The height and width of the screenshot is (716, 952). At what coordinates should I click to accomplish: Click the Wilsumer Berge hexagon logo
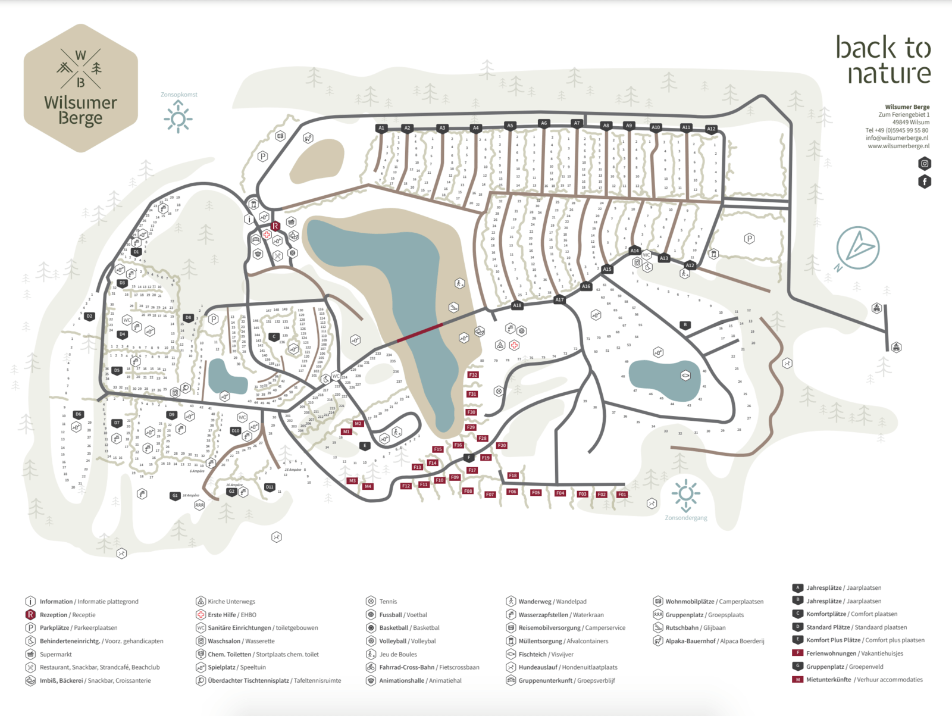tap(81, 88)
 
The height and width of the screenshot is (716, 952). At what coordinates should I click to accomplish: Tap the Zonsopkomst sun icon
tap(177, 117)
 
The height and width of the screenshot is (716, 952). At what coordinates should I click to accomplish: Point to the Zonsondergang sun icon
tap(685, 494)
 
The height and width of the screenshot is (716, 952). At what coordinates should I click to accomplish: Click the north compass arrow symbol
tap(857, 248)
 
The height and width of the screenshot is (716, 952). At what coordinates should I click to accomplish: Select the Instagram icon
tap(924, 164)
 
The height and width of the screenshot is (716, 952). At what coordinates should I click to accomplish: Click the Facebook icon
tap(924, 182)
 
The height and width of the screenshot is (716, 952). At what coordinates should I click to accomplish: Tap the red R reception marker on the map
tap(275, 226)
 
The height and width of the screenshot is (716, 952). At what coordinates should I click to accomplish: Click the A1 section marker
tap(381, 128)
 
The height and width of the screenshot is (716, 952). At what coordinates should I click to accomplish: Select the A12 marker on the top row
tap(711, 129)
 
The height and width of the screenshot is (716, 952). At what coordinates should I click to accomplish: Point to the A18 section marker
tap(517, 305)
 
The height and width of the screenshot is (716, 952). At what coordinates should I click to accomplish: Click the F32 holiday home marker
tap(473, 375)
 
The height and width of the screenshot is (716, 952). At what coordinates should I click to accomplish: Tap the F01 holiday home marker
tap(622, 495)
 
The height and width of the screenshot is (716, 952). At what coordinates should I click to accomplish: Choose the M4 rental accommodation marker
tap(368, 486)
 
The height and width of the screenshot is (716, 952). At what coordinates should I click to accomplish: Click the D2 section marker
tap(89, 316)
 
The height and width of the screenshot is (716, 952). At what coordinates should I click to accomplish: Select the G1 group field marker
tap(175, 495)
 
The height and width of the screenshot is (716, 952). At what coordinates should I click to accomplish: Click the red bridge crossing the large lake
tap(420, 332)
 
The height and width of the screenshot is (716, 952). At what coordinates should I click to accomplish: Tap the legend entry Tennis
tap(388, 602)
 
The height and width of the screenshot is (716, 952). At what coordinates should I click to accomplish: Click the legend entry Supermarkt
tap(55, 654)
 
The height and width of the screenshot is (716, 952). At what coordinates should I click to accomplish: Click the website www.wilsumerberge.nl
tap(898, 146)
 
